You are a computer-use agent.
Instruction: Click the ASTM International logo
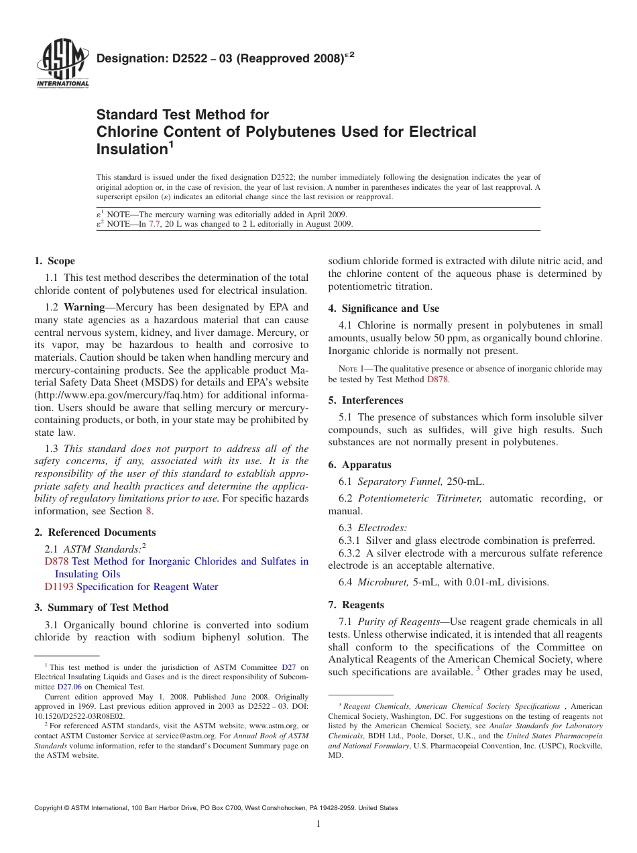click(x=62, y=66)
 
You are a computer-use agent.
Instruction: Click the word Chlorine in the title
click(x=125, y=132)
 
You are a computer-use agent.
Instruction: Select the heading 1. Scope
click(x=54, y=261)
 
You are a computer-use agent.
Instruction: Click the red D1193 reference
click(x=59, y=587)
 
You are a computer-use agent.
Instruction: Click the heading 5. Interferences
click(x=365, y=400)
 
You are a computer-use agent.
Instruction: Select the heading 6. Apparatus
click(x=359, y=465)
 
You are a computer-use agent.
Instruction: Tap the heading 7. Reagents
click(x=356, y=605)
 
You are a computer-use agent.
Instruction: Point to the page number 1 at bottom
click(x=318, y=824)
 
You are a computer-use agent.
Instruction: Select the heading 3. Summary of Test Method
click(x=101, y=608)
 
